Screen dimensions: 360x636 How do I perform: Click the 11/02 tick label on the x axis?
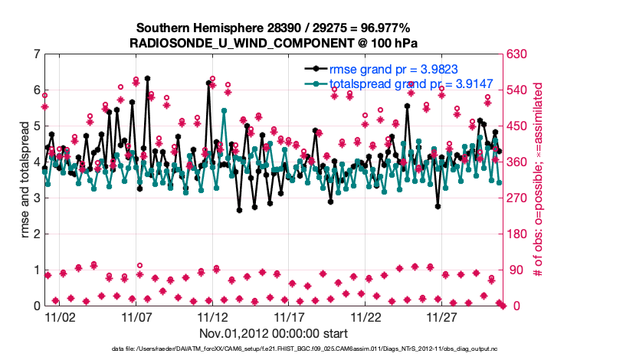[59, 316]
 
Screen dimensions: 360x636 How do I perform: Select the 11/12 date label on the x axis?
[212, 316]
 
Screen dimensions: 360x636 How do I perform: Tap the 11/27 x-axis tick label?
[442, 316]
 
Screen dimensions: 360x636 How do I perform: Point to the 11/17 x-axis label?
[289, 316]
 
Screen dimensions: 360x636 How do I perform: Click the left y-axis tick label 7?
[37, 54]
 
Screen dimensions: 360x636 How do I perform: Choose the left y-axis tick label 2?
[37, 234]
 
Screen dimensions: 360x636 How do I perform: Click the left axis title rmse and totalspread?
[25, 180]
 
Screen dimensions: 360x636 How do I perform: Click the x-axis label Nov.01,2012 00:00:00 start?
[274, 333]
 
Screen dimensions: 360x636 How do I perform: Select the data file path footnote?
[318, 349]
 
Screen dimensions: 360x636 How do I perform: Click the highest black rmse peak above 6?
[147, 78]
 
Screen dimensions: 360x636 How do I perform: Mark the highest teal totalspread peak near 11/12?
[224, 110]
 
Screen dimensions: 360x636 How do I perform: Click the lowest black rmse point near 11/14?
[239, 210]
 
